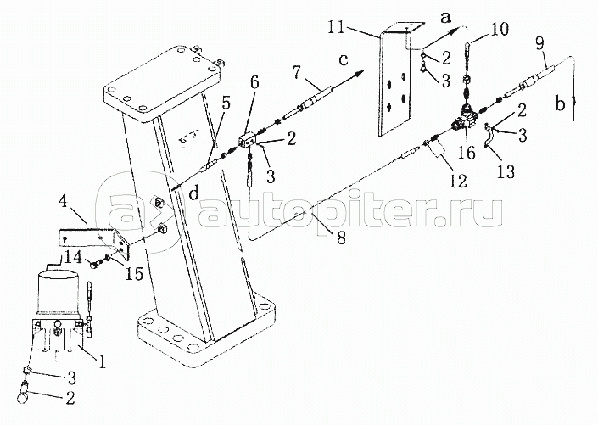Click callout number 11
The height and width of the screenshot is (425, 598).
pyautogui.click(x=338, y=28)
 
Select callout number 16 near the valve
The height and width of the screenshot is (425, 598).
pyautogui.click(x=467, y=153)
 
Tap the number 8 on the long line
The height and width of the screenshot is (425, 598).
pyautogui.click(x=341, y=238)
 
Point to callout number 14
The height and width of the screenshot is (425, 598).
pyautogui.click(x=72, y=258)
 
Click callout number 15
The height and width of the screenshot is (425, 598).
pyautogui.click(x=136, y=273)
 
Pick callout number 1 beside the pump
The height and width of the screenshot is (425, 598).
pyautogui.click(x=102, y=361)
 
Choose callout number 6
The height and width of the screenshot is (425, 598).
pyautogui.click(x=254, y=82)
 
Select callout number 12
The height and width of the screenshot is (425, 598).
pyautogui.click(x=458, y=181)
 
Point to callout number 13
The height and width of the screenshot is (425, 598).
pyautogui.click(x=506, y=171)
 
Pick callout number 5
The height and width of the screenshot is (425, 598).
pyautogui.click(x=226, y=104)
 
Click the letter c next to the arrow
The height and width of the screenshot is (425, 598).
pyautogui.click(x=344, y=61)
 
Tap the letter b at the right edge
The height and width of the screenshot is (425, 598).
pyautogui.click(x=560, y=103)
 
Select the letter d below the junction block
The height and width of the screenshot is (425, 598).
pyautogui.click(x=194, y=194)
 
